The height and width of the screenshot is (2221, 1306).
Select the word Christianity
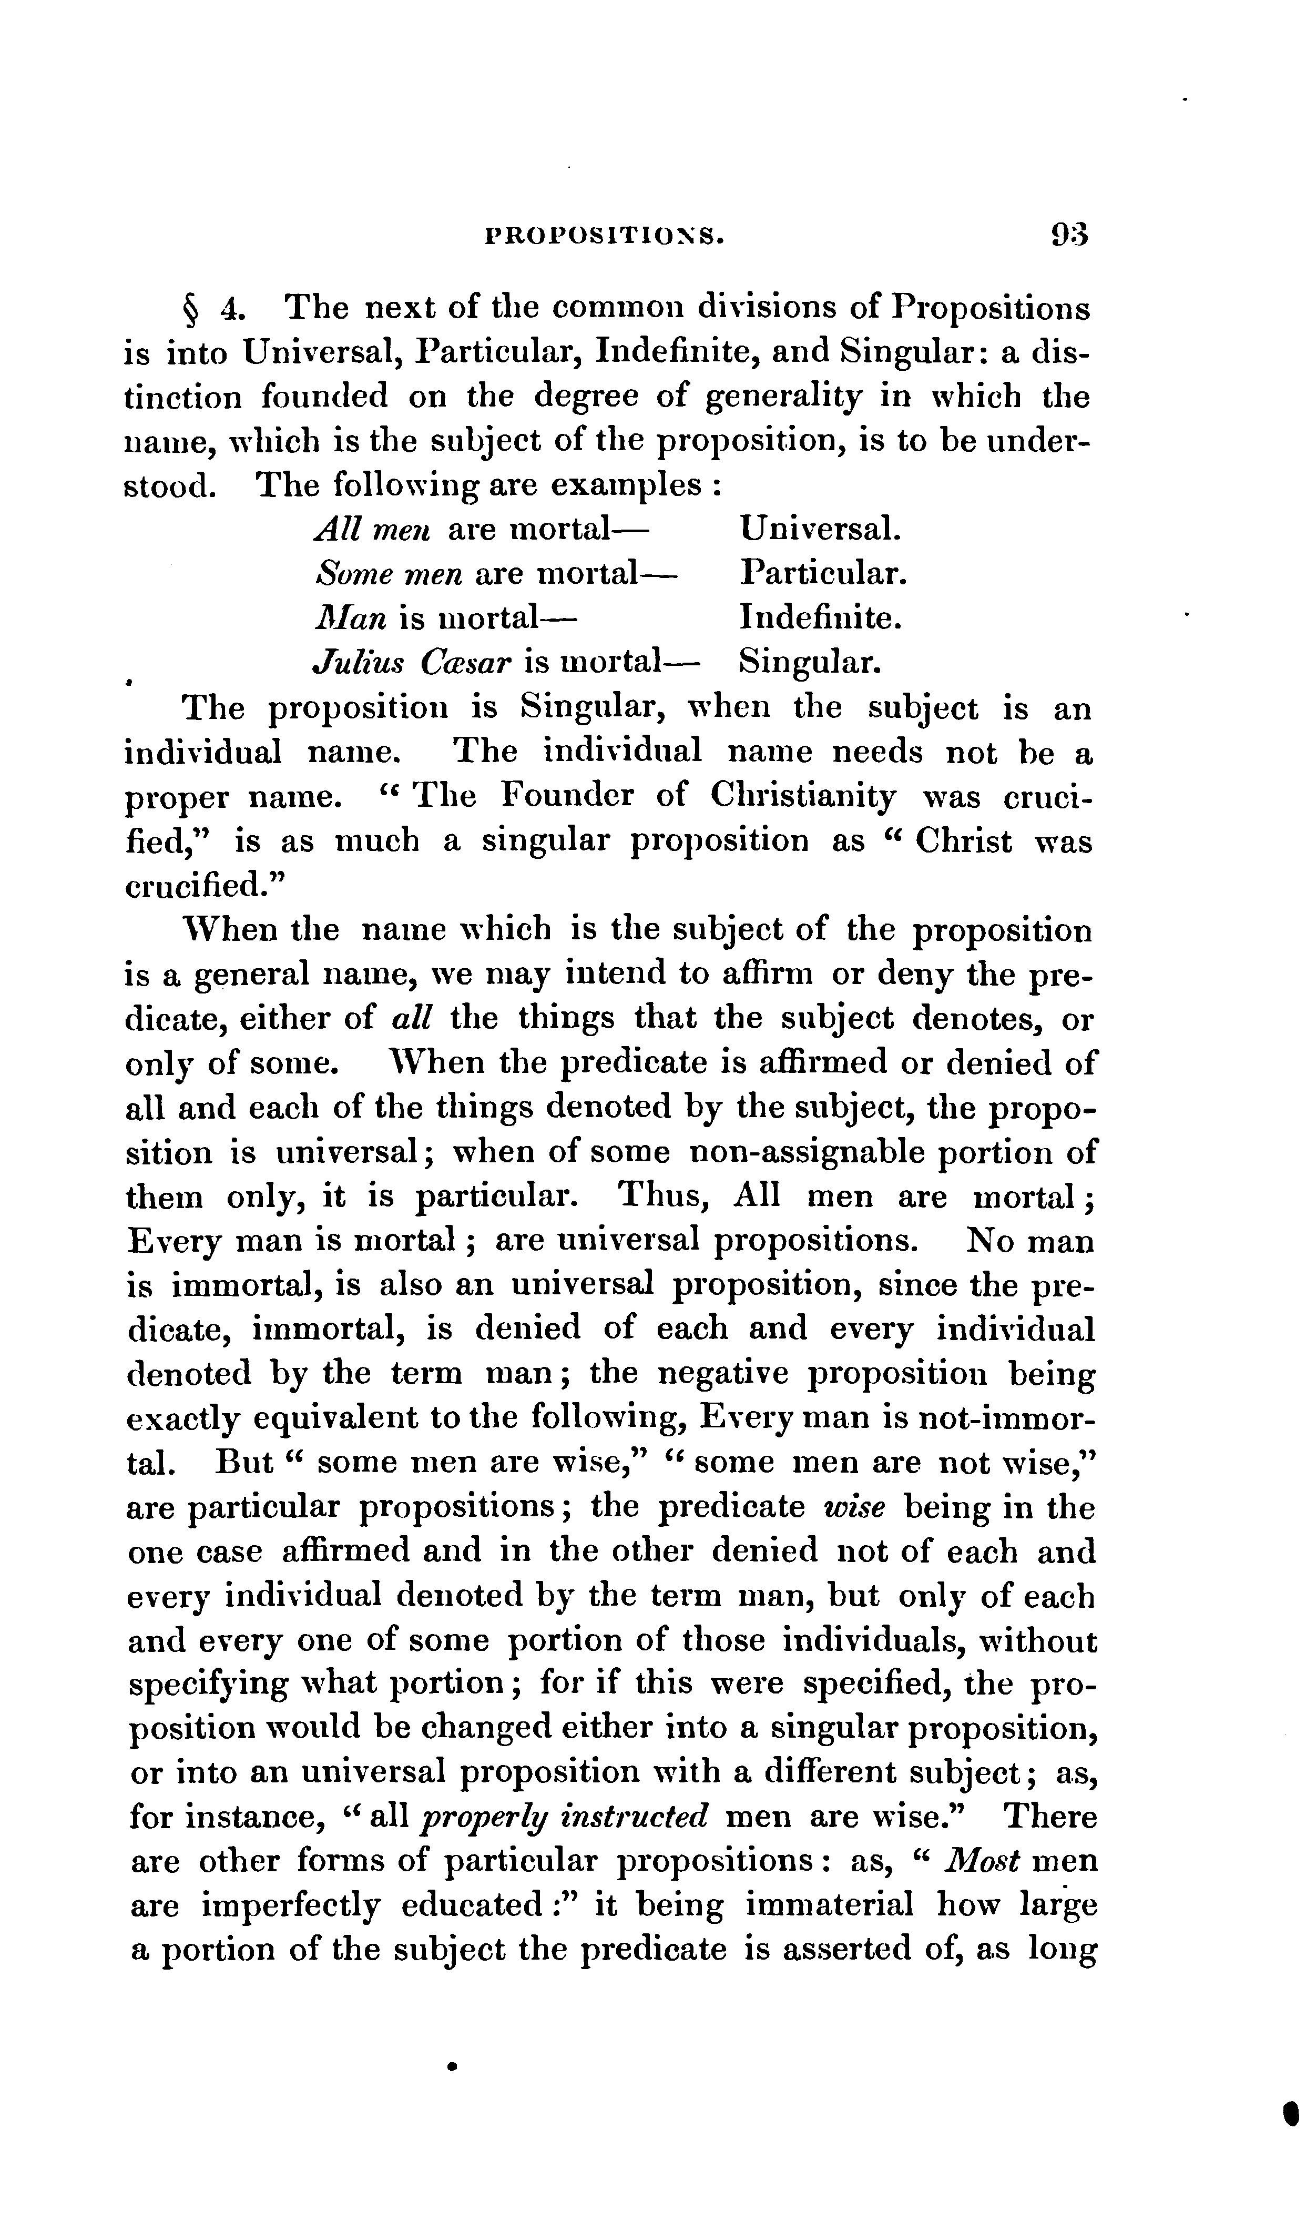803,798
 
